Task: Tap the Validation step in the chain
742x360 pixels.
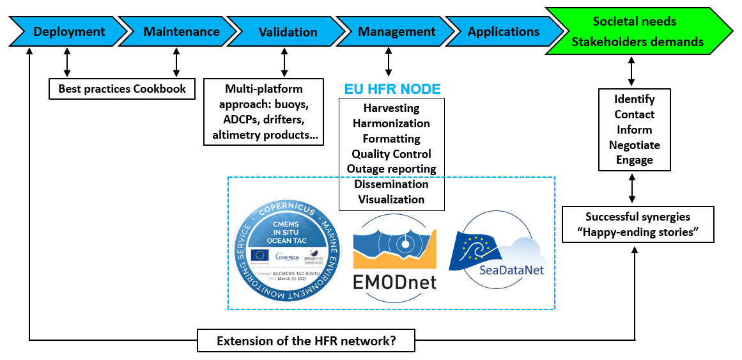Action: click(288, 31)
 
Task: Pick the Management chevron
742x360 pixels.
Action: click(396, 31)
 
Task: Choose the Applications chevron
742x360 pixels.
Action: click(503, 31)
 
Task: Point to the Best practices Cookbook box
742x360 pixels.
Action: click(122, 89)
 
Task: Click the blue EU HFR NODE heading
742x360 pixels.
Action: click(392, 90)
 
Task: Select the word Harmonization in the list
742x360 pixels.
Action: click(391, 123)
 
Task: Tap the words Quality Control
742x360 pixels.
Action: click(391, 154)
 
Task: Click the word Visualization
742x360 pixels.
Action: click(391, 200)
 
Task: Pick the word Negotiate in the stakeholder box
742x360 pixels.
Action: click(634, 145)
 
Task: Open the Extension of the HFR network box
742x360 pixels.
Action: click(306, 340)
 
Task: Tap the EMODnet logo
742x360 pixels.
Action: click(394, 253)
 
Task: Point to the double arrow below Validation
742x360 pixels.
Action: click(284, 64)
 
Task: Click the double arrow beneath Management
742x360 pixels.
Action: click(388, 64)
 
